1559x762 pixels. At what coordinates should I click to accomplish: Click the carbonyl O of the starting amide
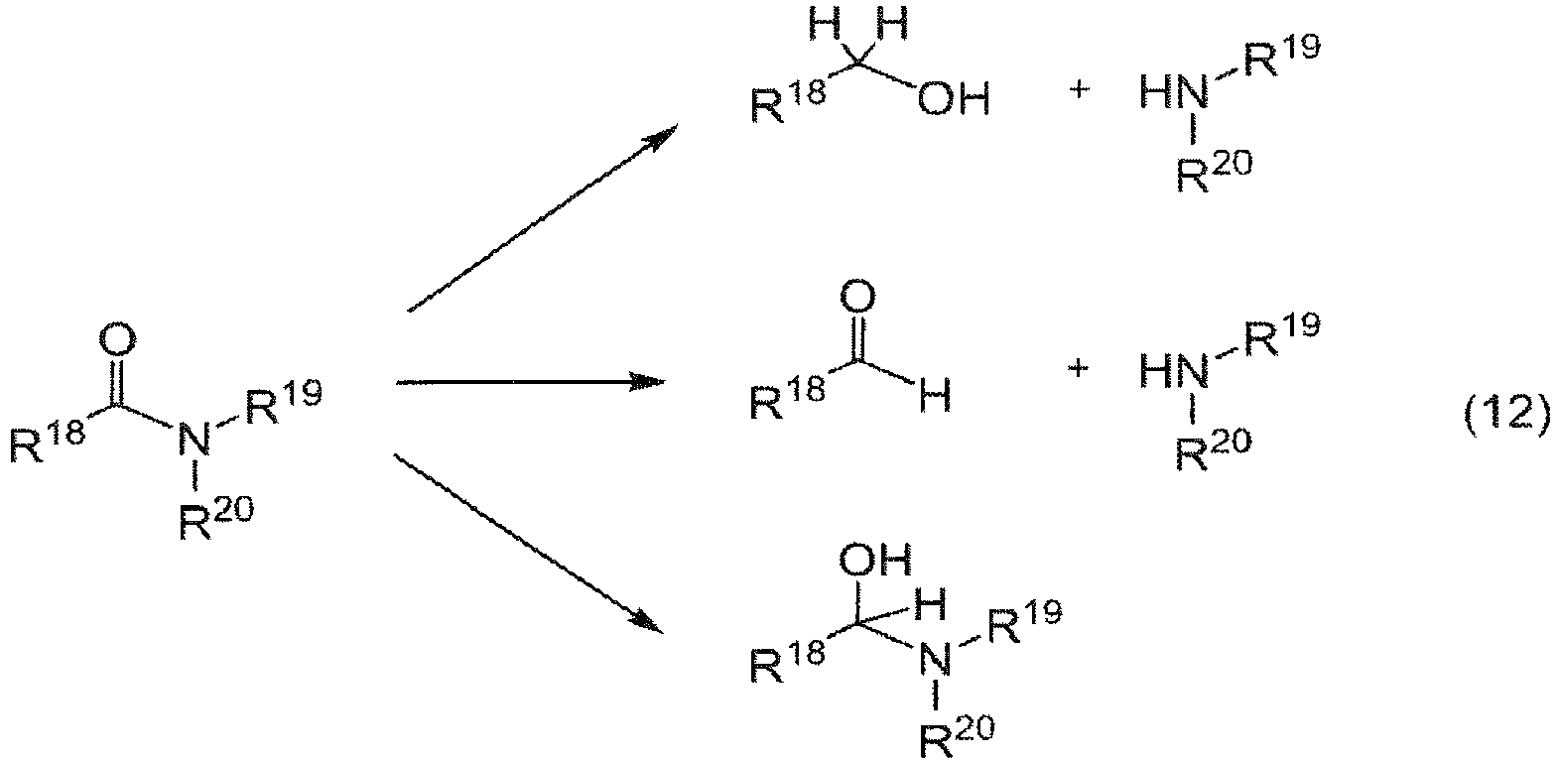(118, 341)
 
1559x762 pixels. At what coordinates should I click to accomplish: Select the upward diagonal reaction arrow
(542, 218)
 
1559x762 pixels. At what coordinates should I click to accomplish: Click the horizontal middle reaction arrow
(530, 381)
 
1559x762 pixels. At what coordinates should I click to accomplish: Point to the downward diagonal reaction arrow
(530, 544)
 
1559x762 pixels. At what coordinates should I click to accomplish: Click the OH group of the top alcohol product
(953, 100)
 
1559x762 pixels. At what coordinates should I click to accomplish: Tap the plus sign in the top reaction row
(1079, 89)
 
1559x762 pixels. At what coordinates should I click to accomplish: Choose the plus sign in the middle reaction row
(1078, 367)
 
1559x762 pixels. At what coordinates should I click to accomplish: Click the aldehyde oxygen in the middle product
(858, 297)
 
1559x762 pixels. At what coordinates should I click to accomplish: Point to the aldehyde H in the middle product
(935, 397)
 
